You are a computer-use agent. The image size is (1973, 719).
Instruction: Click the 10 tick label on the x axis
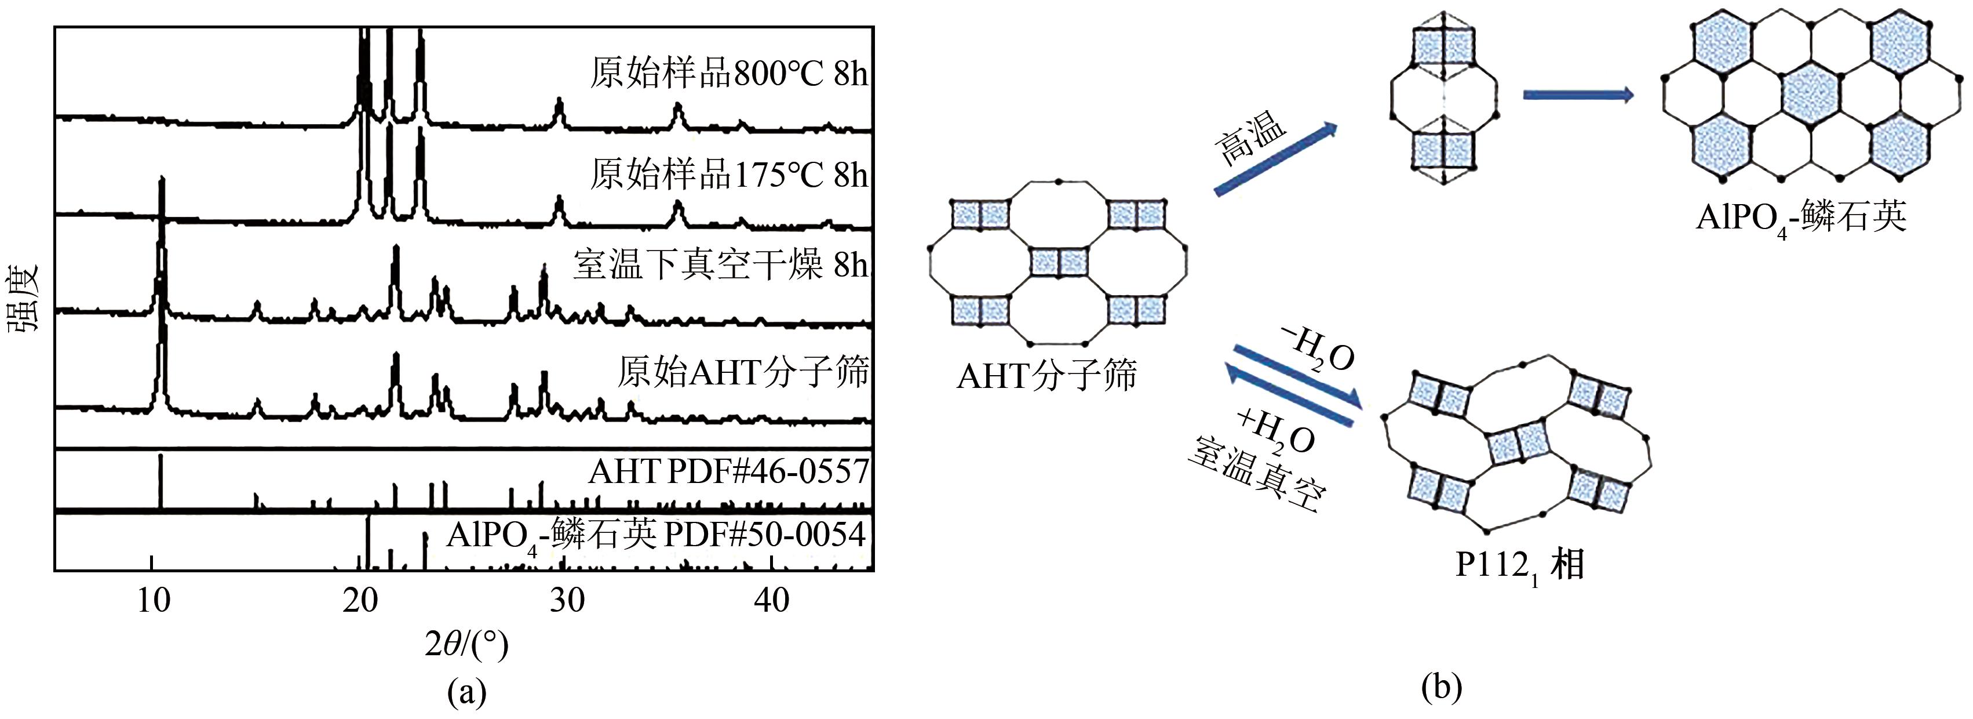154,601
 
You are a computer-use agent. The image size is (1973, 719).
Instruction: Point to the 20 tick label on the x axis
360,601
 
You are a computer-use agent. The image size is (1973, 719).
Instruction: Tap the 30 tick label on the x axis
567,601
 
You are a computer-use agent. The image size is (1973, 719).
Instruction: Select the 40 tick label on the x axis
771,601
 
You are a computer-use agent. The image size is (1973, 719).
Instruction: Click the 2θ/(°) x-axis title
466,645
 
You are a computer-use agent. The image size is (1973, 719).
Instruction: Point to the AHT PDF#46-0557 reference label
728,471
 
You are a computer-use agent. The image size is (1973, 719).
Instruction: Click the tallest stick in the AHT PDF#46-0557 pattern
160,481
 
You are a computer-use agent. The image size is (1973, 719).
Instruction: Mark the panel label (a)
466,692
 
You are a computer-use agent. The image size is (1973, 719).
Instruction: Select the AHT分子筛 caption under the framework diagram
1047,376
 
